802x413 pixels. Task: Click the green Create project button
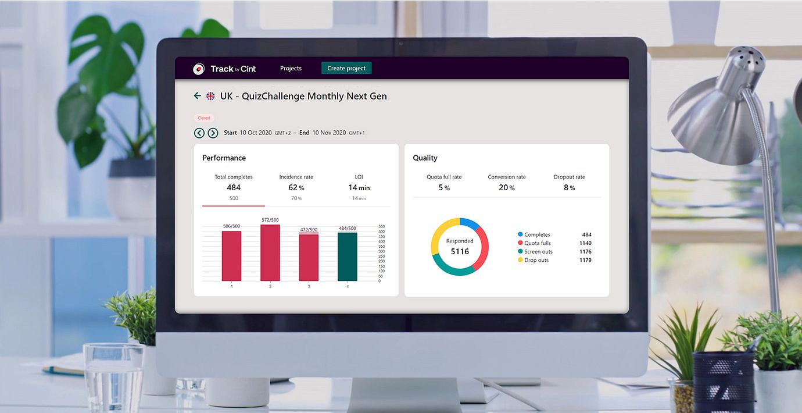pyautogui.click(x=346, y=68)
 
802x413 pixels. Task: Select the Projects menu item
pyautogui.click(x=291, y=68)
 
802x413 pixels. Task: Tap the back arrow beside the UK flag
pyautogui.click(x=198, y=96)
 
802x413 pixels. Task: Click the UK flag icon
pyautogui.click(x=210, y=96)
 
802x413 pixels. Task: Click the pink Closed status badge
pyautogui.click(x=204, y=118)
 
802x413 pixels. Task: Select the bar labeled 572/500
pyautogui.click(x=270, y=252)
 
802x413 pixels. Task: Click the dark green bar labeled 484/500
pyautogui.click(x=348, y=257)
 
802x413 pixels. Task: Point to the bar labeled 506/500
pyautogui.click(x=231, y=255)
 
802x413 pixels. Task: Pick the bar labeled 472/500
pyautogui.click(x=309, y=258)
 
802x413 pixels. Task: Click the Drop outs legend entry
pyautogui.click(x=536, y=260)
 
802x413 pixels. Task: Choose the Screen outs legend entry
pyautogui.click(x=538, y=252)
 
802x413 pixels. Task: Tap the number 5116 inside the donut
pyautogui.click(x=460, y=251)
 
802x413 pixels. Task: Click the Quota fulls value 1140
pyautogui.click(x=585, y=243)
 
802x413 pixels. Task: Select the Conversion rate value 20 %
pyautogui.click(x=507, y=187)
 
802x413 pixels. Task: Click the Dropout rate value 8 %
pyautogui.click(x=569, y=187)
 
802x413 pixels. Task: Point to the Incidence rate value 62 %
pyautogui.click(x=296, y=187)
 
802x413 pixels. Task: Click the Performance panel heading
pyautogui.click(x=224, y=158)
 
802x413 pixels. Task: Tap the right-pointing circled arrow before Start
pyautogui.click(x=213, y=133)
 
